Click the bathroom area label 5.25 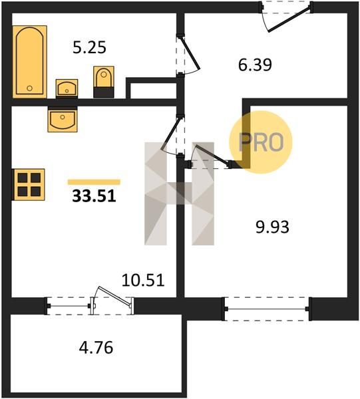point(89,48)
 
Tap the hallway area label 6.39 point(255,65)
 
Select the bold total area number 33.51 point(94,196)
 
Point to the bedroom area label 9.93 point(272,227)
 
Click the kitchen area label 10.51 point(143,280)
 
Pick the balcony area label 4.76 point(96,348)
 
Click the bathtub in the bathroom point(30,62)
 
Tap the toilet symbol point(104,82)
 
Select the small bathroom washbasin point(67,88)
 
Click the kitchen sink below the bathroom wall point(63,119)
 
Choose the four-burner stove point(29,184)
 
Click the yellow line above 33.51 point(94,182)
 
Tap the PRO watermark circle point(261,142)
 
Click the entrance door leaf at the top point(289,19)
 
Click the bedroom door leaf point(212,154)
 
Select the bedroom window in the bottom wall point(267,309)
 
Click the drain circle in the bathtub point(29,88)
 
